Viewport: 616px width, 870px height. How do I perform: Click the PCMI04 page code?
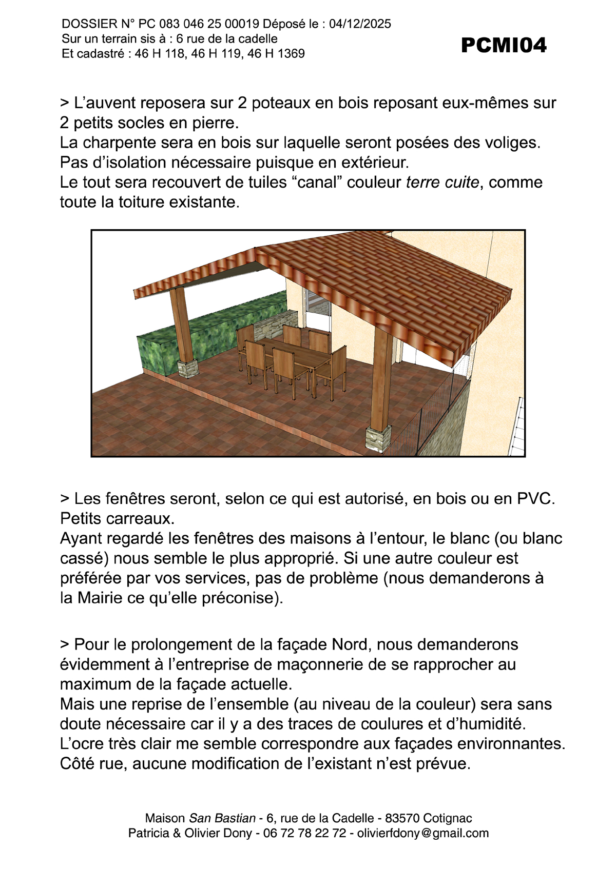click(x=504, y=46)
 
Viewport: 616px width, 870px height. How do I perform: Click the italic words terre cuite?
click(x=442, y=183)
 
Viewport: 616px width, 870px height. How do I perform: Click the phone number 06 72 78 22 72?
click(x=304, y=833)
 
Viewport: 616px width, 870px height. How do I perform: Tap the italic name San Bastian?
click(x=222, y=818)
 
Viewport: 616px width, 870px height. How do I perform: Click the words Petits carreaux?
click(x=117, y=518)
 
